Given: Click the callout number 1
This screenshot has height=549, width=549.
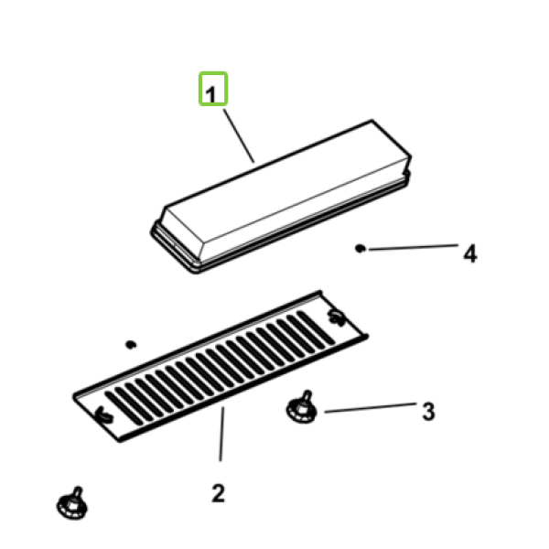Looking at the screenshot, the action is click(210, 94).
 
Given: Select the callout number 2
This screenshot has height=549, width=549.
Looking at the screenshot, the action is click(218, 493).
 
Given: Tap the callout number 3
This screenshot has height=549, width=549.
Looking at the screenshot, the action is click(428, 412).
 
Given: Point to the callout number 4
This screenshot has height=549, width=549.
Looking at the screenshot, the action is click(470, 253).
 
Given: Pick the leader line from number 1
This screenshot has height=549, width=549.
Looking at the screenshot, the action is click(239, 136).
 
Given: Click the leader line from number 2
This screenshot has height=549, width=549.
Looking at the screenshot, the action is click(221, 434).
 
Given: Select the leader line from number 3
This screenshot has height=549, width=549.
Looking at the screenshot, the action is click(370, 407).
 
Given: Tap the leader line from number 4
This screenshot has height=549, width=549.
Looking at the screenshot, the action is click(414, 247).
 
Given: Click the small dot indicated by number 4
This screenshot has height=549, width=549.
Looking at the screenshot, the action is click(360, 249).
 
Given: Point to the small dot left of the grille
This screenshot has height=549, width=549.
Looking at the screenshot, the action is click(131, 345).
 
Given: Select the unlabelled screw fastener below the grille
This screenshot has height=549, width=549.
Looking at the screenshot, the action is click(72, 503).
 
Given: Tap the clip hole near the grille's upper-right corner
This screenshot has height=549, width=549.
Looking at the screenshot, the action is click(337, 318).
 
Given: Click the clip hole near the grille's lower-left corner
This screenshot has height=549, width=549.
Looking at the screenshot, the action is click(104, 414).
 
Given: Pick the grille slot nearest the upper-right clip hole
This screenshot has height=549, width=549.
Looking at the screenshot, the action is click(316, 328).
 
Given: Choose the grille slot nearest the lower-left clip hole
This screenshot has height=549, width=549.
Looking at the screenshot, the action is click(124, 408).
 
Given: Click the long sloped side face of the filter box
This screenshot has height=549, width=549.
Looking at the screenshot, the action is click(305, 210).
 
